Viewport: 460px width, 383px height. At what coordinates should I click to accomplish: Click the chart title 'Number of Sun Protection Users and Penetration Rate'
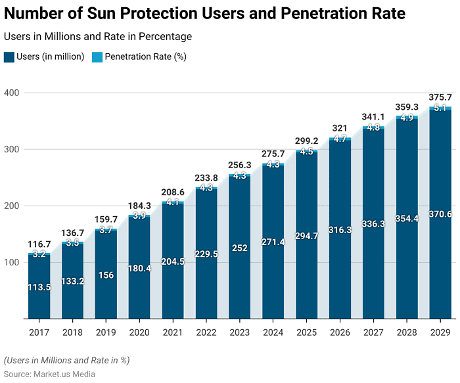pos(204,13)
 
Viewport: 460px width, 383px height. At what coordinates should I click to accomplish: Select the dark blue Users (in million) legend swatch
pos(9,56)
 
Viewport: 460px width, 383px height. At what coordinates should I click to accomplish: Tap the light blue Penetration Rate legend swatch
pos(97,56)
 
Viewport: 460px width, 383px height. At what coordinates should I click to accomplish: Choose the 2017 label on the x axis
pos(39,332)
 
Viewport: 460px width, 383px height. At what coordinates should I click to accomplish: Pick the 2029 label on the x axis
pos(440,332)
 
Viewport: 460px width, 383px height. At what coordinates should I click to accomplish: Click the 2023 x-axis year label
pos(240,332)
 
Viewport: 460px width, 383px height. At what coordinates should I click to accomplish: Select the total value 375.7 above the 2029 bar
pos(440,97)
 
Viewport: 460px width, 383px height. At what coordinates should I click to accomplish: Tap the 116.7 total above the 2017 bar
pos(39,244)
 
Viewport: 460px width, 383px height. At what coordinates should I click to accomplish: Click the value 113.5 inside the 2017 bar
pos(39,287)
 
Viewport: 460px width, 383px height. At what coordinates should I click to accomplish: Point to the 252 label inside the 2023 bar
pos(240,248)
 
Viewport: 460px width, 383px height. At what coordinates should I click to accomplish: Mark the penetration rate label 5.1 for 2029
pos(440,108)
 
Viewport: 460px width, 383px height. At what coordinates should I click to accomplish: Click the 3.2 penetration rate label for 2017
pos(39,254)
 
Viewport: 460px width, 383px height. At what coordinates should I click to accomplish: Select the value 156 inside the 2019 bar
pos(106,275)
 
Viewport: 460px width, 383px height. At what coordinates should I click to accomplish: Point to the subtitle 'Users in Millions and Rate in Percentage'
pos(98,37)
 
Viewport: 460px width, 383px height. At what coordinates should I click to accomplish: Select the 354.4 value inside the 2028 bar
pos(407,219)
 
